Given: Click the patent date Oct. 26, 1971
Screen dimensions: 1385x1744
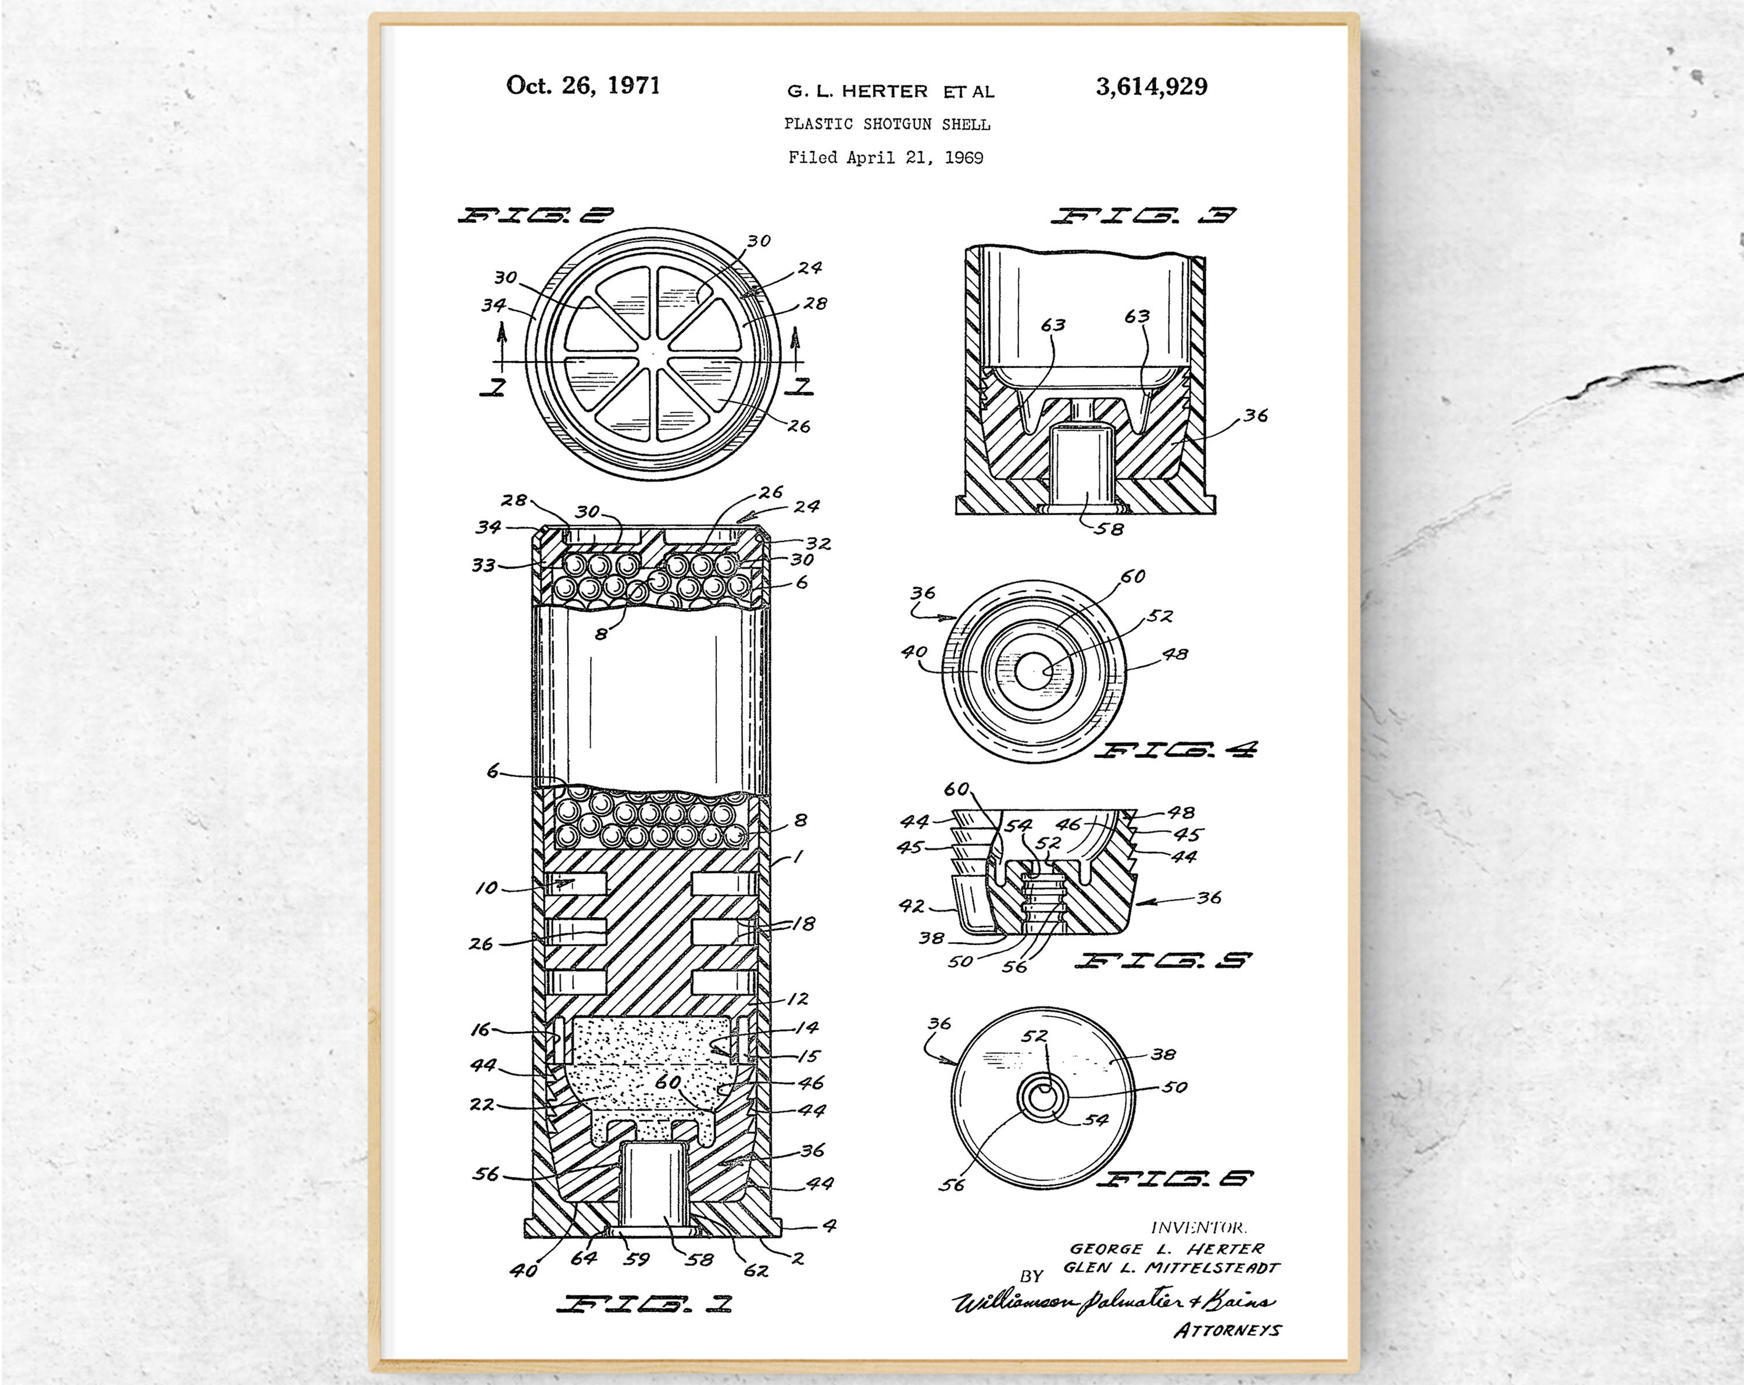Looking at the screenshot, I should (582, 85).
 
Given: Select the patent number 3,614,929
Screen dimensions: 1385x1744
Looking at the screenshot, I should (1151, 87).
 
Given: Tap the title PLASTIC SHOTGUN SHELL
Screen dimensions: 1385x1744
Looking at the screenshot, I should (887, 124).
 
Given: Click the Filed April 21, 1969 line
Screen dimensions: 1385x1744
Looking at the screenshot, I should (886, 158).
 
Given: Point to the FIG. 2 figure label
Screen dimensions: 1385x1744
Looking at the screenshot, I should (535, 215).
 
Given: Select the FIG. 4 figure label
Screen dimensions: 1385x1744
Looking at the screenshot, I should (1175, 750).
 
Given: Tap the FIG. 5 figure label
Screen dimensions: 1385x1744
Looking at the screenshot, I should (1163, 961).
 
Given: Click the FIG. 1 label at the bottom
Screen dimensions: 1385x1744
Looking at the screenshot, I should (644, 1303).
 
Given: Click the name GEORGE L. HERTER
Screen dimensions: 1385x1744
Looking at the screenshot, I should (1166, 1249).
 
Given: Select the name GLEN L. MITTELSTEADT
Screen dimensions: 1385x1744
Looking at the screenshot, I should (1170, 1268).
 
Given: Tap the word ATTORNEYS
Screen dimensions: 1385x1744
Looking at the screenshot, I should (1227, 1330).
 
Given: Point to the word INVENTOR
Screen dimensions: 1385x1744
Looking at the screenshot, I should (1198, 1228).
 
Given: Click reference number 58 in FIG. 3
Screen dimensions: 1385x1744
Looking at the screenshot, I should (1108, 529).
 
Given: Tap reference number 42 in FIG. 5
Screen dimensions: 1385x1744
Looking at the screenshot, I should (911, 905).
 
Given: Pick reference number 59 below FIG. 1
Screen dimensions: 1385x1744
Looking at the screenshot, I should (637, 1259).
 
